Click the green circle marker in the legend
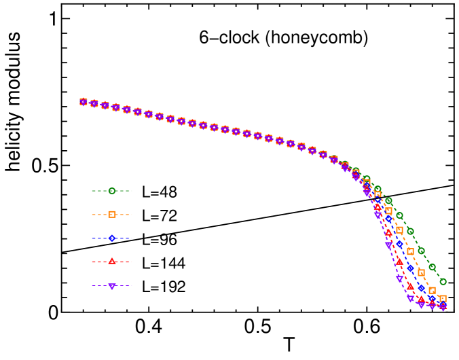click(x=112, y=191)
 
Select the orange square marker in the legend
click(x=112, y=215)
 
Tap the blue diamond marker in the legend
click(x=112, y=238)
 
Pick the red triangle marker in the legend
click(x=112, y=262)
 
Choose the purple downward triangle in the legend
click(x=112, y=286)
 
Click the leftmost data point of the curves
click(x=84, y=102)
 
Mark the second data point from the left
click(x=94, y=103)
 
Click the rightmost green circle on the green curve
click(x=443, y=281)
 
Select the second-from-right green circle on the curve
click(x=432, y=267)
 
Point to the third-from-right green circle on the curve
click(x=421, y=251)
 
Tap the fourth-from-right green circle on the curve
click(x=410, y=231)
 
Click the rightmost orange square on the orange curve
click(x=443, y=299)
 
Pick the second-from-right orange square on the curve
click(x=432, y=290)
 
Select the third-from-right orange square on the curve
click(x=421, y=272)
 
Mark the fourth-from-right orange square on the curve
click(x=410, y=251)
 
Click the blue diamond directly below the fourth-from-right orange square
click(x=410, y=268)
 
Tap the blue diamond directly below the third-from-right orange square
click(x=421, y=288)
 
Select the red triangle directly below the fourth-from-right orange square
click(x=410, y=286)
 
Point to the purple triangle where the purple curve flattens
click(x=410, y=298)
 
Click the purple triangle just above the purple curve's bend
click(x=399, y=278)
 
